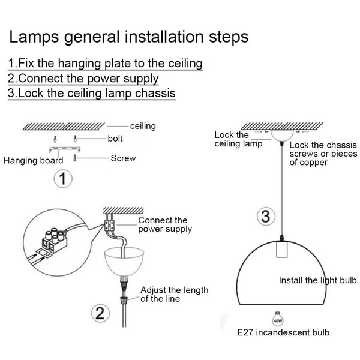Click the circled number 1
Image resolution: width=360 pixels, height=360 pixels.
point(63,179)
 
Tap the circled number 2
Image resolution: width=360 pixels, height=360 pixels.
point(100,313)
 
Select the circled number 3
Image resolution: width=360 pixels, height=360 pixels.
point(266,216)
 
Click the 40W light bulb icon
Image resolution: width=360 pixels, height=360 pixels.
point(278,319)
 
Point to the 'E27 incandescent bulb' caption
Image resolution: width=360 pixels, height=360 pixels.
point(283,332)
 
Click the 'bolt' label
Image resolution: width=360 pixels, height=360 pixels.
point(115,139)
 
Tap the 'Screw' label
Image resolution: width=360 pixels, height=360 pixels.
point(123,158)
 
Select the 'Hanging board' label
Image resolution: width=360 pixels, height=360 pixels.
point(33,160)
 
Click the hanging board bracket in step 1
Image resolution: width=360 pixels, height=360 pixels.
point(65,149)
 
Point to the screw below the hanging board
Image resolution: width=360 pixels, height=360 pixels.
point(75,158)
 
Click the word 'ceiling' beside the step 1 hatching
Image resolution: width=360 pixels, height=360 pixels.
point(143,126)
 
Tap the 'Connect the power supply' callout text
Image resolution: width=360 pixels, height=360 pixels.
point(165,224)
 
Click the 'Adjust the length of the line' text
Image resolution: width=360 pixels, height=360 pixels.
point(174,295)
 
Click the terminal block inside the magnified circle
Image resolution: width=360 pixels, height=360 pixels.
point(54,240)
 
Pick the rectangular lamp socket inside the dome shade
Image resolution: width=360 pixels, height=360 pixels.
point(282,249)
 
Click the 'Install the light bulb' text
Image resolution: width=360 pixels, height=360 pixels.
point(318,280)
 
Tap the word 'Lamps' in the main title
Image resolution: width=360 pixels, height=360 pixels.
point(34,37)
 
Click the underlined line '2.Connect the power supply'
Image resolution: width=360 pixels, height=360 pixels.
point(83,79)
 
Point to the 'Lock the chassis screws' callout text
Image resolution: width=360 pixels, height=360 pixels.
point(323,154)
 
